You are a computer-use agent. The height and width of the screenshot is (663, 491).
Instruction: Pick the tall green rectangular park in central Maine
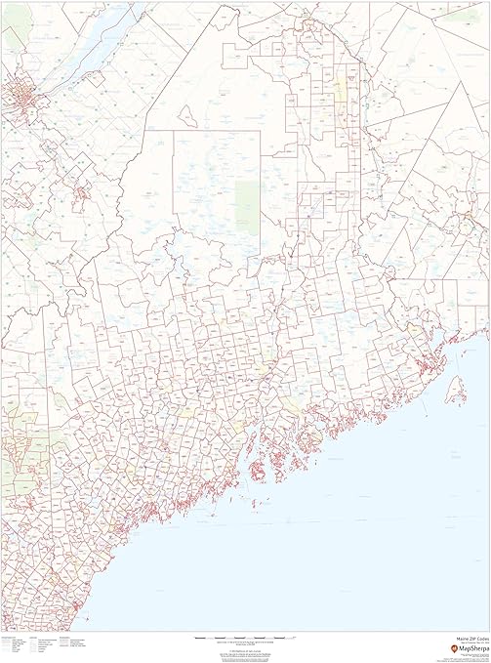pyautogui.click(x=248, y=207)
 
